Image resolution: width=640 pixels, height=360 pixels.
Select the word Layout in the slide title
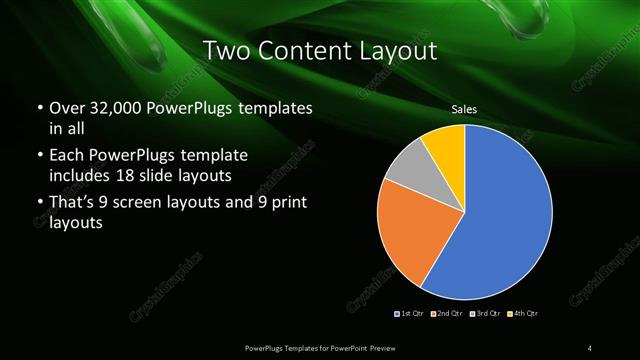pos(400,51)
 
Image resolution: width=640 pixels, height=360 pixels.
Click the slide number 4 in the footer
pos(590,347)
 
